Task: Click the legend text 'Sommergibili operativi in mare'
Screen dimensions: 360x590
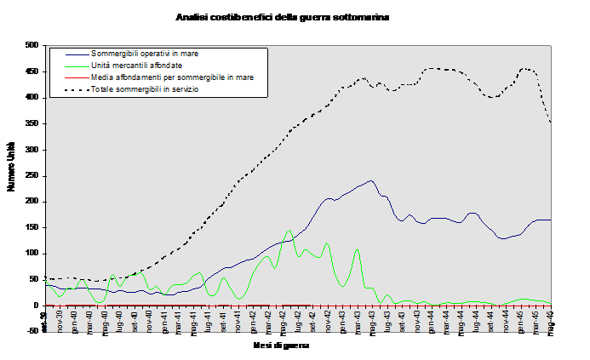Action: coord(145,54)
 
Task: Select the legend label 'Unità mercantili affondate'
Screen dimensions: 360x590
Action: coord(135,66)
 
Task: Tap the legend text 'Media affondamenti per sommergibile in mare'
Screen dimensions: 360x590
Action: coord(172,77)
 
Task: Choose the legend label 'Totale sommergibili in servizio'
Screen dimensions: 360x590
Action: coord(145,89)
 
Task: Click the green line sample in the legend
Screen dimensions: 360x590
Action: coord(70,66)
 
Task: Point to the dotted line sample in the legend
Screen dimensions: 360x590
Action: coord(70,89)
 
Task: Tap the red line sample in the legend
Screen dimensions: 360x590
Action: coord(70,77)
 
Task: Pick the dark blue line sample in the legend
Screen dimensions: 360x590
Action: coord(70,54)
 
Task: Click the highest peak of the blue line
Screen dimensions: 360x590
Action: coord(370,180)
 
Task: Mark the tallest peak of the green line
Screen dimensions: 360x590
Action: coord(289,230)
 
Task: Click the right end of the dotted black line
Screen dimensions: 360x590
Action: coord(551,123)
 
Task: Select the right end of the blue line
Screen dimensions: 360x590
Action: coord(551,220)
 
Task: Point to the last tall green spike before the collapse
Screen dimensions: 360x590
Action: coord(356,249)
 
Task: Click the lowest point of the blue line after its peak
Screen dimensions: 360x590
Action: coord(503,238)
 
